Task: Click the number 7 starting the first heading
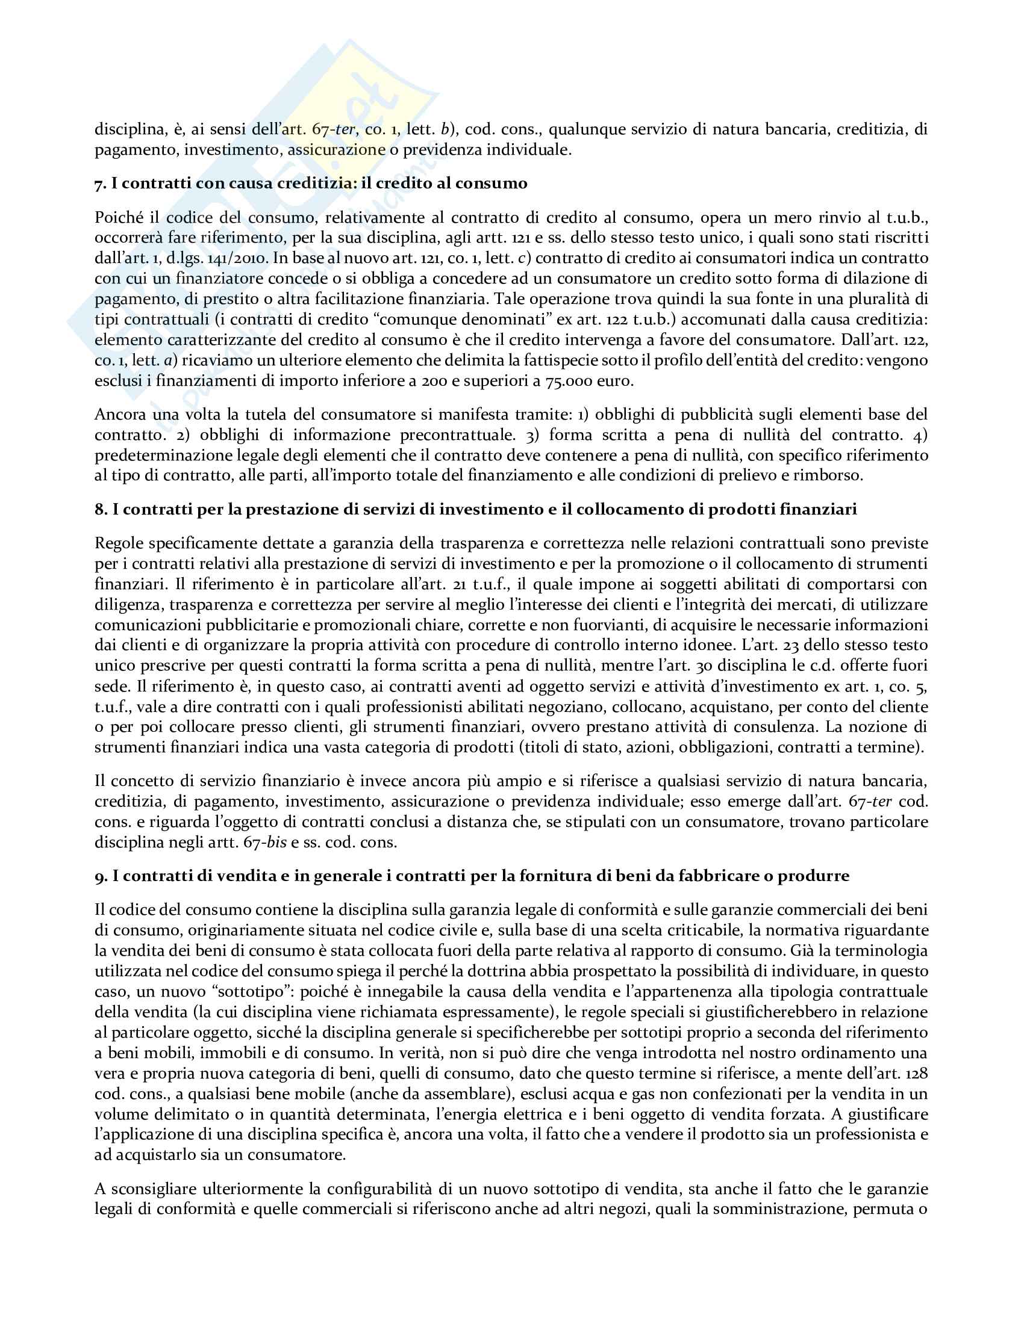(x=99, y=184)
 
